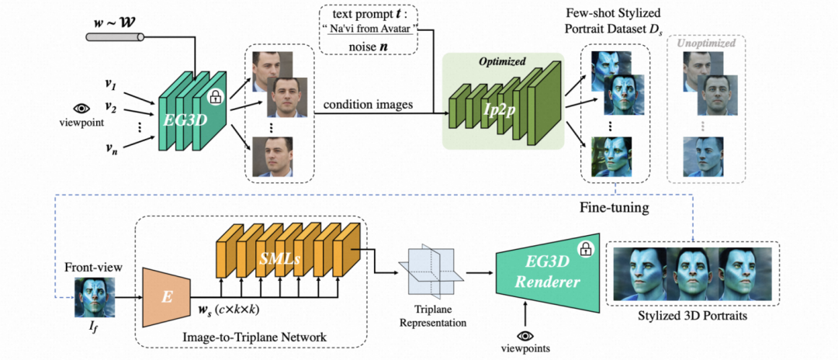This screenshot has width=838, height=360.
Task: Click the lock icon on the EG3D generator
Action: click(215, 98)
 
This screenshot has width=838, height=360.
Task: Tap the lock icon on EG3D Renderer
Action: click(586, 248)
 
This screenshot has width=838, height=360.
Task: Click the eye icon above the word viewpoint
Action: click(81, 109)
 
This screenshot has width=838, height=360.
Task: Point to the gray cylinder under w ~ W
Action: click(114, 37)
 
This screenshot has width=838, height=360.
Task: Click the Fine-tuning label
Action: click(615, 208)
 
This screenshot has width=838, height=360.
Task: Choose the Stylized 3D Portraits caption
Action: click(692, 317)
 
